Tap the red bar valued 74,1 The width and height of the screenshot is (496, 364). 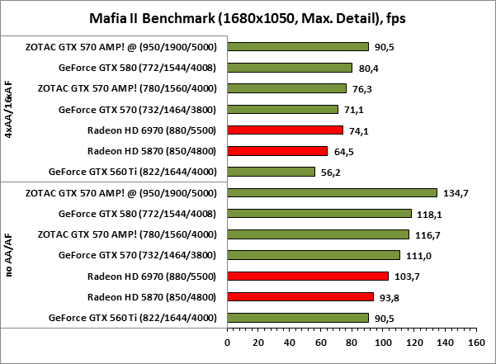(285, 130)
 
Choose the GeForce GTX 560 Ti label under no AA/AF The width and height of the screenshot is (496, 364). (133, 318)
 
